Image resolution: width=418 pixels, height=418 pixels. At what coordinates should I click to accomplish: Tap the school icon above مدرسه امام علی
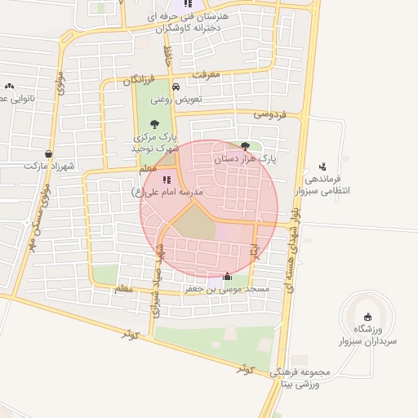tap(167, 180)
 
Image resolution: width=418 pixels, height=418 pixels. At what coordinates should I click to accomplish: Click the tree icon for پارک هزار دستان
tap(246, 146)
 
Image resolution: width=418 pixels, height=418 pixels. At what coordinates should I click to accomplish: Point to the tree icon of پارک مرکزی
tap(154, 124)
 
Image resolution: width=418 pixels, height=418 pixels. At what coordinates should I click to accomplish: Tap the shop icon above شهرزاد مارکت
tap(50, 153)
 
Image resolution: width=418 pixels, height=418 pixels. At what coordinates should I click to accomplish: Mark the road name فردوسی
tap(270, 115)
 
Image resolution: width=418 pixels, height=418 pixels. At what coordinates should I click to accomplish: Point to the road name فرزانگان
tap(138, 80)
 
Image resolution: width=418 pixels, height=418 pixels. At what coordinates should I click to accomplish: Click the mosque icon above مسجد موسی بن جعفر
tap(226, 276)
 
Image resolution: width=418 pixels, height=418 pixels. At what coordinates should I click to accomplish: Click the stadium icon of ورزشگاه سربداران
tap(367, 317)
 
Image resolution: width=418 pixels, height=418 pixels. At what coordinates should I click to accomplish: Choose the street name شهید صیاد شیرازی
tap(155, 282)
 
